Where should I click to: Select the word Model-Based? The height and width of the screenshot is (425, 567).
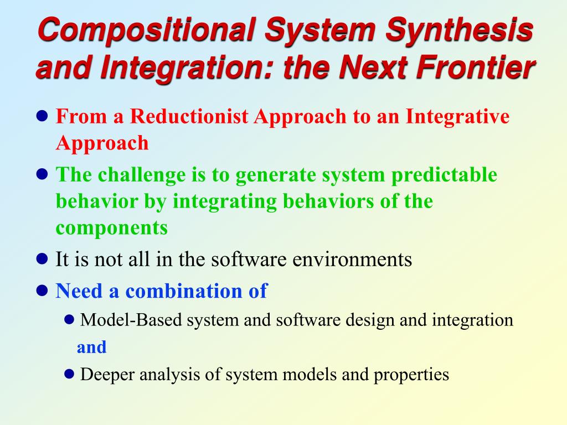click(131, 320)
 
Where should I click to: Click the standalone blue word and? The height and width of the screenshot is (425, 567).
click(91, 348)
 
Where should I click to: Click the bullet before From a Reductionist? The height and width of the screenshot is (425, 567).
click(42, 116)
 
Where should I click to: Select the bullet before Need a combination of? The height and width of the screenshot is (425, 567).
click(42, 291)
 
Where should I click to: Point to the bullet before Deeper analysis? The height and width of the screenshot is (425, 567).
click(69, 374)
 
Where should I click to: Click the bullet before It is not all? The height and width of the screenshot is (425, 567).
click(42, 259)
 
